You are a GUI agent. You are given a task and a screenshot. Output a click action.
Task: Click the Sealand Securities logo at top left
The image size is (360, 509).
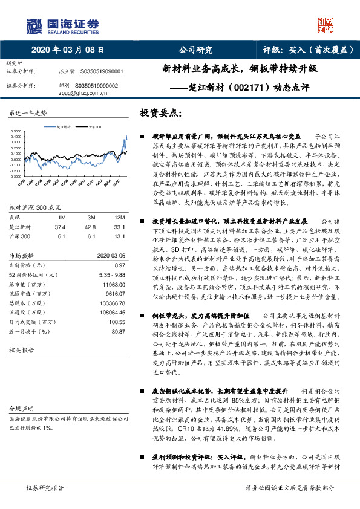(61, 25)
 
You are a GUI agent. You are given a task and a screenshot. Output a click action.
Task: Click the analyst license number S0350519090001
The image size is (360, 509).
(102, 71)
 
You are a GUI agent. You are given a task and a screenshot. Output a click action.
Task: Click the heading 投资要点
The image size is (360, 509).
(160, 113)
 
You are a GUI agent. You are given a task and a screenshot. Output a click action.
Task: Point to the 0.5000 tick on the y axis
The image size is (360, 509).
(18, 131)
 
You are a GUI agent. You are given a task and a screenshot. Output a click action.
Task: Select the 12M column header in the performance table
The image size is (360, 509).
(120, 216)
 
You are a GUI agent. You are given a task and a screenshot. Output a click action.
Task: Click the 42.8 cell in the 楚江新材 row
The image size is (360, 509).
(90, 226)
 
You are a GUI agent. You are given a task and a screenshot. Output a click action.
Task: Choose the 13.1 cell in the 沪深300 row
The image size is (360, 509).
(119, 236)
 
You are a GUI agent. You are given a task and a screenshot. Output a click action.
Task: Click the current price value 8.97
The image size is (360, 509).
(119, 265)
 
